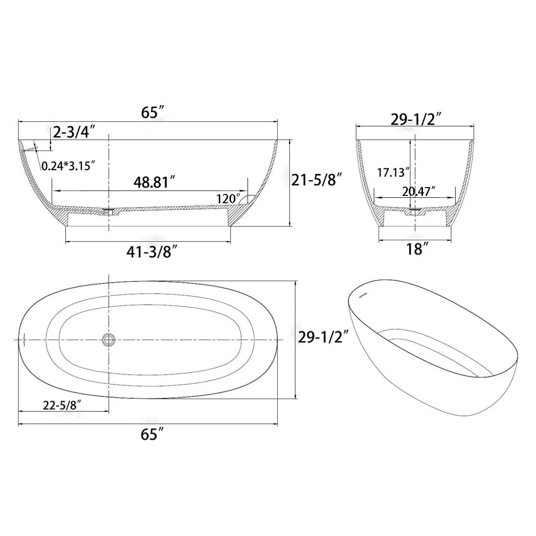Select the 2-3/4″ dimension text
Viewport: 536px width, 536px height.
[74, 132]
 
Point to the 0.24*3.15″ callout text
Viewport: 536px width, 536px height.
[68, 166]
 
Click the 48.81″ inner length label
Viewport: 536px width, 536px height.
[154, 182]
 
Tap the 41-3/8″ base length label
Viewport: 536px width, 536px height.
[152, 252]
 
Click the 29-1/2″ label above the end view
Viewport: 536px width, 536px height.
[416, 119]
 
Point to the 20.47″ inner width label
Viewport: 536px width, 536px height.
[419, 191]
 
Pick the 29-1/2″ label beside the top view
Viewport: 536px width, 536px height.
[323, 336]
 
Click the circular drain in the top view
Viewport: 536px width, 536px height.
[108, 339]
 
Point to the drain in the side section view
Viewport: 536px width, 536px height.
[109, 211]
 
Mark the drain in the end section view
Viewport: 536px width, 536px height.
[414, 211]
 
